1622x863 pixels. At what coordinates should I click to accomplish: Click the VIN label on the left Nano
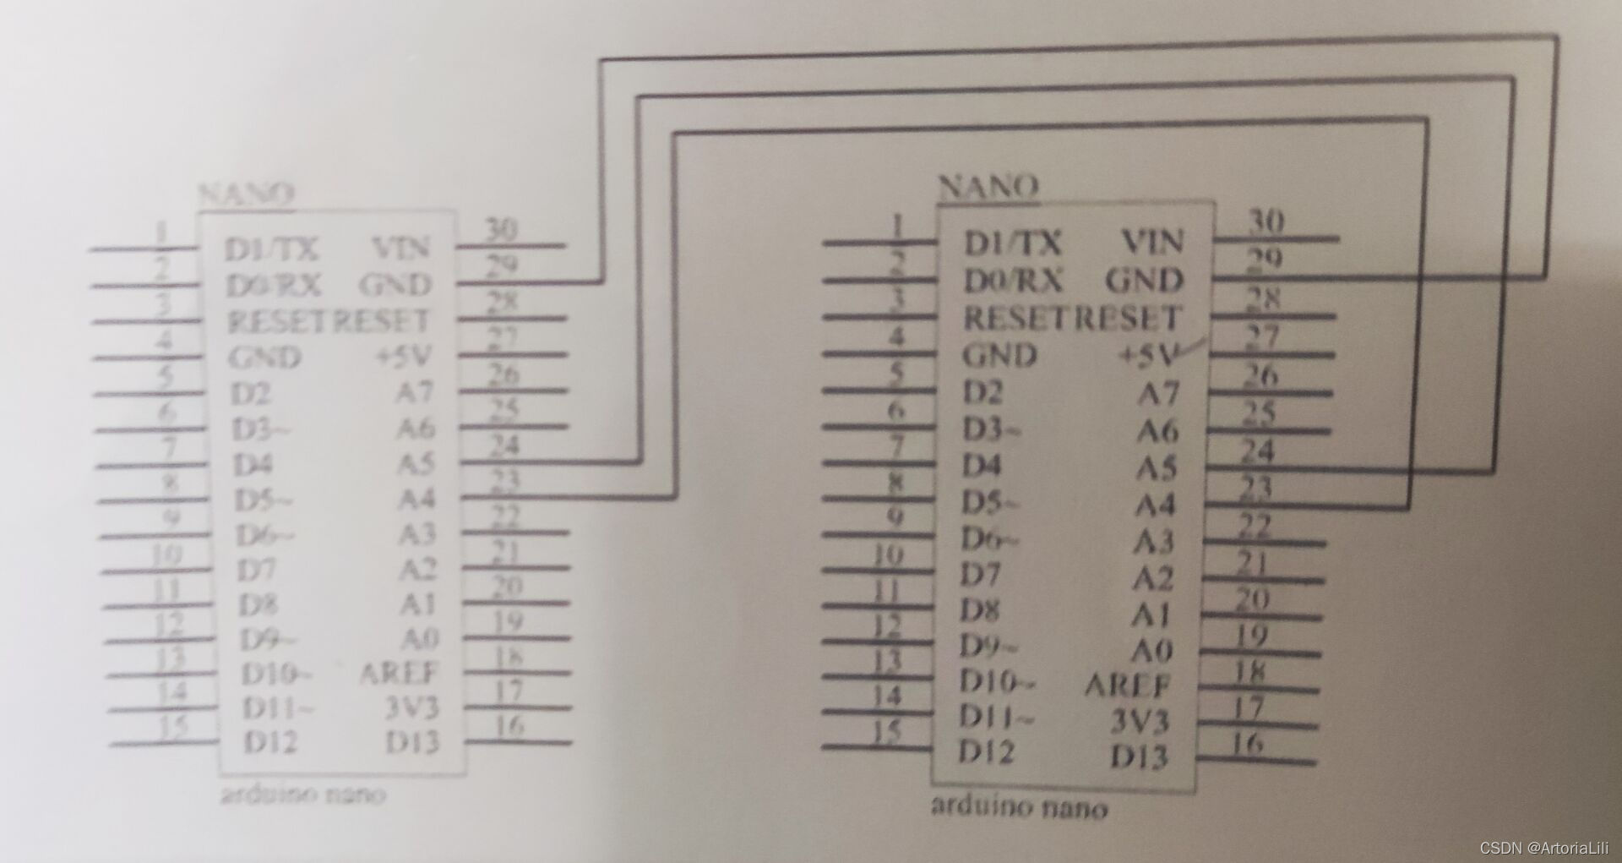pos(401,248)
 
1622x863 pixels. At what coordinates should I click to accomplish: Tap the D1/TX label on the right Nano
pos(1012,243)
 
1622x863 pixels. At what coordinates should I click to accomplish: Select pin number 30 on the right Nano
pos(1265,221)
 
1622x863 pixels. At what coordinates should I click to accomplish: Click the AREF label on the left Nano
pos(399,673)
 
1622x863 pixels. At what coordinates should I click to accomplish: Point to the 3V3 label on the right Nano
pos(1139,721)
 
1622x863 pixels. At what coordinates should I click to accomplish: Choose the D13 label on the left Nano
pos(412,743)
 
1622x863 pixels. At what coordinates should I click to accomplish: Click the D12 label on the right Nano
pos(986,751)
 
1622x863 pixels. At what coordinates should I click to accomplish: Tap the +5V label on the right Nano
pos(1148,355)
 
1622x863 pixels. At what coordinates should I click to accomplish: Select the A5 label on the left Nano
pos(416,463)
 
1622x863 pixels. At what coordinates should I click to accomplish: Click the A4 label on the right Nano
pos(1155,505)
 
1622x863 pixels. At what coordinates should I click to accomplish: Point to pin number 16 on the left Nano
pos(509,725)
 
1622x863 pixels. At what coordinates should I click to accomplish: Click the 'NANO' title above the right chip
pos(988,186)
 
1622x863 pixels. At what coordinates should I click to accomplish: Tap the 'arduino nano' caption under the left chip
pos(302,795)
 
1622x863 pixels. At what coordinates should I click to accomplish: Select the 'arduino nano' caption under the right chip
pos(1018,806)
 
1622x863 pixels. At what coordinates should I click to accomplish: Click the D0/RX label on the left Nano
pos(274,286)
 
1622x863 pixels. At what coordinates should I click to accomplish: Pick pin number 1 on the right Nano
pos(898,226)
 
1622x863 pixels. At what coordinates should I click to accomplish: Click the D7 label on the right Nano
pos(980,575)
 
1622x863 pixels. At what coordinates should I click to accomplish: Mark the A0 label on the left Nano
pos(420,638)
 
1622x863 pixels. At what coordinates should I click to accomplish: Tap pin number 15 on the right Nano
pos(885,730)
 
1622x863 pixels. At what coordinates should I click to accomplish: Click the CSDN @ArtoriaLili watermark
pos(1543,848)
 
